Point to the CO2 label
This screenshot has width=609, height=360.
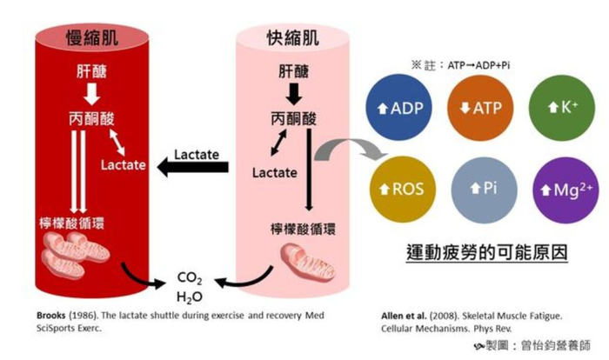(x=189, y=278)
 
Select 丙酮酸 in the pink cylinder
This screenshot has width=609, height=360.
(x=292, y=117)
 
